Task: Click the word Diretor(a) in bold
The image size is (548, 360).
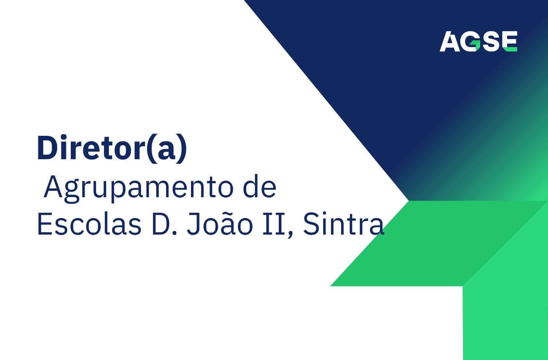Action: (112, 148)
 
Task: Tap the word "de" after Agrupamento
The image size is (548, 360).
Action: (260, 187)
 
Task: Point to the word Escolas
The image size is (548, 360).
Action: (89, 224)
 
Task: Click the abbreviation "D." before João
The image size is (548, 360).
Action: (164, 224)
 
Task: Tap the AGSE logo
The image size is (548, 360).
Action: (478, 41)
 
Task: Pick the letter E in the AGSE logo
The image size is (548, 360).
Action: (509, 41)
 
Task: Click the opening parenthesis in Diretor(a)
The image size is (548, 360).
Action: (150, 148)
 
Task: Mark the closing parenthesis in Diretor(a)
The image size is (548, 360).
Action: (183, 148)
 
